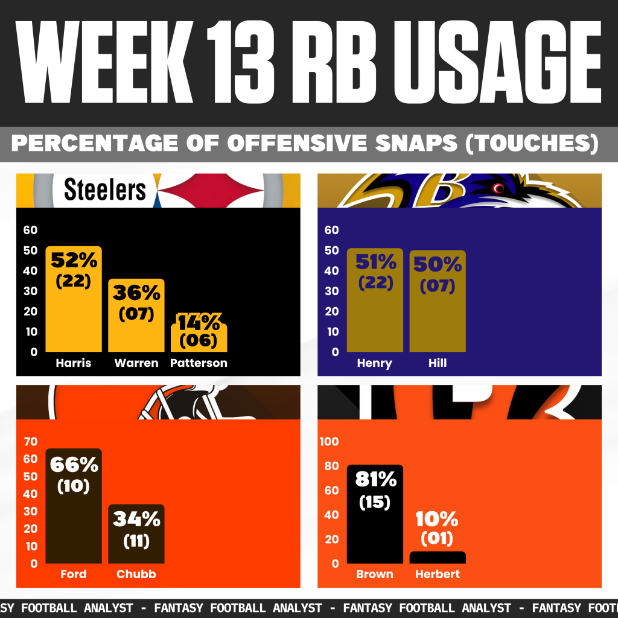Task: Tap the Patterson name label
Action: [199, 363]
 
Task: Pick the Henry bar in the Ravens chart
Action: [375, 320]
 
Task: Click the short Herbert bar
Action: [438, 558]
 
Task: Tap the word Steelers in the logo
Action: [105, 190]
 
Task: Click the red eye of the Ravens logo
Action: [499, 188]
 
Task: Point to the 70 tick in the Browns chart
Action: [30, 441]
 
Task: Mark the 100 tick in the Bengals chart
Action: [329, 441]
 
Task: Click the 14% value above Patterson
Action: [199, 322]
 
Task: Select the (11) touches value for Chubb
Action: [136, 541]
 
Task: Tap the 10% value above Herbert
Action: [437, 519]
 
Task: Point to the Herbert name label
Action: [437, 575]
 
